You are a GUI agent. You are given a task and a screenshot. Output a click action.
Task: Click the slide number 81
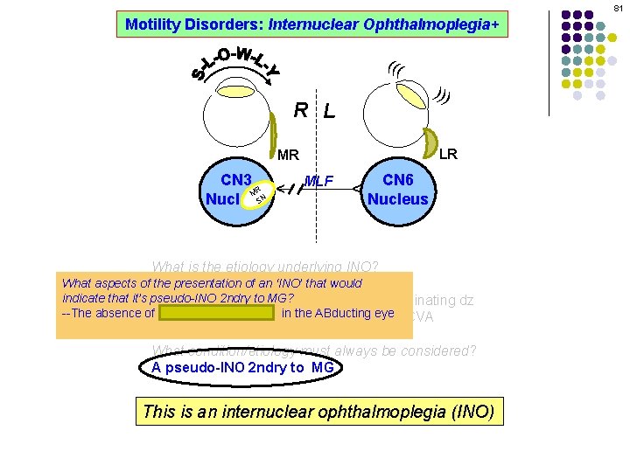[x=617, y=8]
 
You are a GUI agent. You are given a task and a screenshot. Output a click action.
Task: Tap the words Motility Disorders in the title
[x=193, y=24]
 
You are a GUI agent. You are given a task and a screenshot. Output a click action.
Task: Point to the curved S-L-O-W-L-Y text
[x=234, y=63]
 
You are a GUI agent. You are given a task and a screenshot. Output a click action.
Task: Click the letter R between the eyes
[x=300, y=110]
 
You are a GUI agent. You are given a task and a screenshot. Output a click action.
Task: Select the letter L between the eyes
[x=328, y=111]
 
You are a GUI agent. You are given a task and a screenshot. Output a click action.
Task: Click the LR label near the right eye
[x=447, y=154]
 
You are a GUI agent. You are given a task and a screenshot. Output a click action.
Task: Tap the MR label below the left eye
[x=288, y=156]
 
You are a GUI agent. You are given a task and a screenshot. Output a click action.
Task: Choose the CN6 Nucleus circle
[x=398, y=189]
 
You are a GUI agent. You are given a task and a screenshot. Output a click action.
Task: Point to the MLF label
[x=319, y=181]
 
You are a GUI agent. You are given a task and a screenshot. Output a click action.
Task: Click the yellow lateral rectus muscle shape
[x=431, y=142]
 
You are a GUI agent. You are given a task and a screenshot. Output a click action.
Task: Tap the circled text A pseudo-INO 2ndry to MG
[x=241, y=367]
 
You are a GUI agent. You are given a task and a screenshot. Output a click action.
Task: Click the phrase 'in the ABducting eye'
[x=338, y=313]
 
